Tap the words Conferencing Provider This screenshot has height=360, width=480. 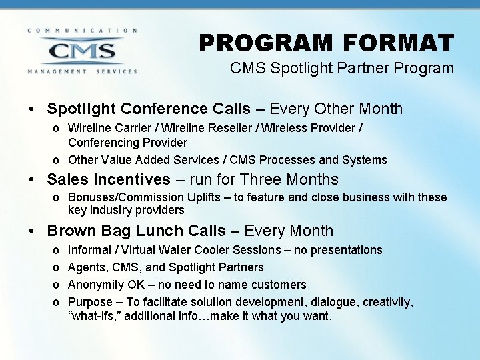click(127, 143)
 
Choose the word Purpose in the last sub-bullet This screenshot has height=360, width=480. click(90, 302)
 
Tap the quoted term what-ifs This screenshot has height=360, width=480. click(95, 316)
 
